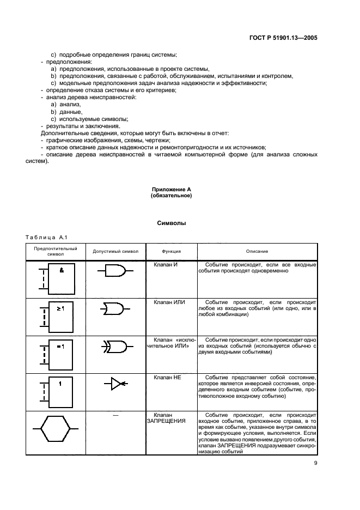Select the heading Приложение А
pyautogui.click(x=171, y=189)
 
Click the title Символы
pyautogui.click(x=171, y=223)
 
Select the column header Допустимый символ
pyautogui.click(x=115, y=251)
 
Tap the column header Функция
pyautogui.click(x=171, y=251)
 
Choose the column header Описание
pyautogui.click(x=257, y=251)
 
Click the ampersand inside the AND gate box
pyautogui.click(x=62, y=270)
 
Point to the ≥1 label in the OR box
pyautogui.click(x=61, y=308)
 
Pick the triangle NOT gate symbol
pyautogui.click(x=118, y=383)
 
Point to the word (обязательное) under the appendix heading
pyautogui.click(x=171, y=195)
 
